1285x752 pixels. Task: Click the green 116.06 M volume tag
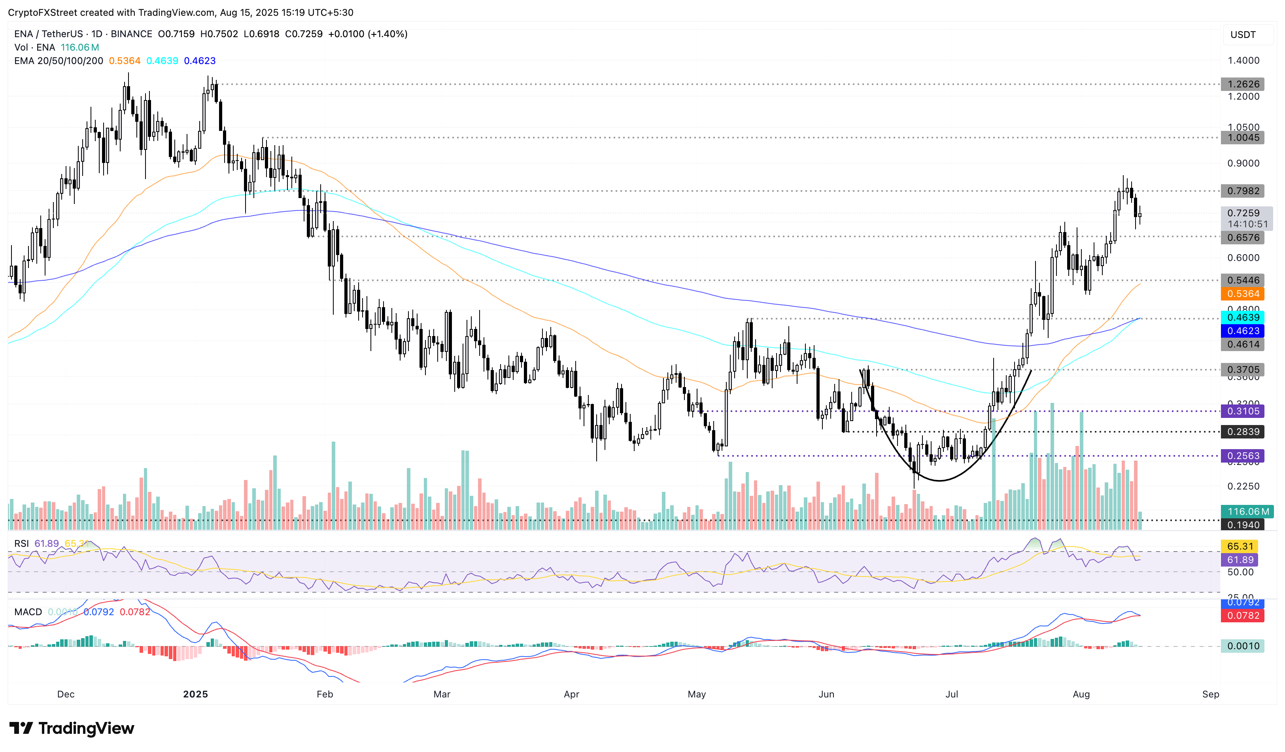tap(1246, 511)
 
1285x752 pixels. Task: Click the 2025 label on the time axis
tap(195, 694)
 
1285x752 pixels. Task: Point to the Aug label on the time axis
tap(1081, 694)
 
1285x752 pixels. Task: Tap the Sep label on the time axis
tap(1211, 694)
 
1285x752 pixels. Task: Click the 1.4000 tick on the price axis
tap(1243, 60)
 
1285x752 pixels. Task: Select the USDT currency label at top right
tap(1243, 35)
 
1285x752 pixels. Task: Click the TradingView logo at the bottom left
tap(72, 728)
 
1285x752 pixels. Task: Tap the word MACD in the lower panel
tap(28, 612)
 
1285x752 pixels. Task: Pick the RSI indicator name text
tap(21, 544)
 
